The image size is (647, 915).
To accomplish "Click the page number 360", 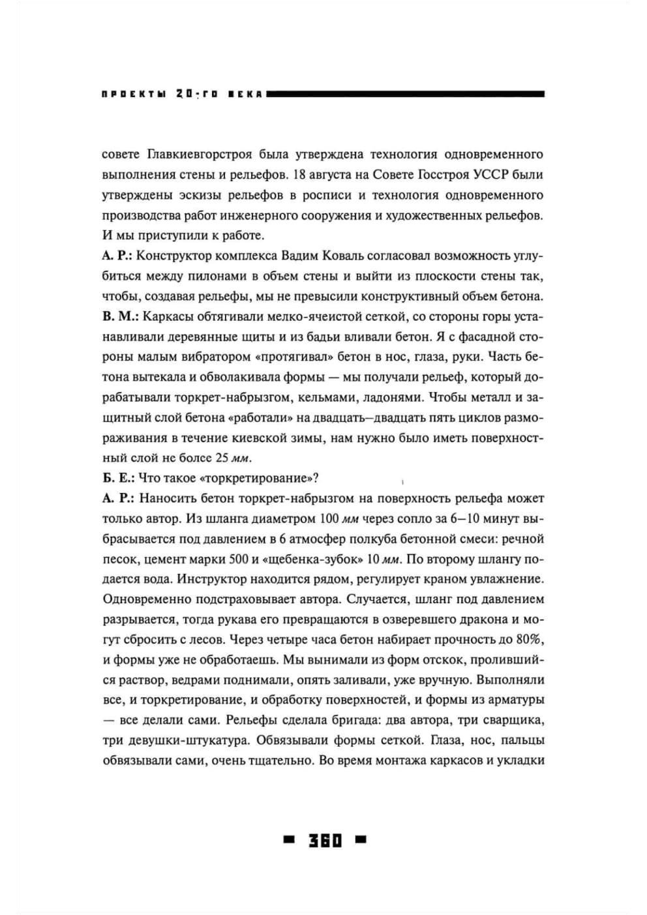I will point(325,840).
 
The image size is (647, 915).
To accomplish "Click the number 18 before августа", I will point(301,175).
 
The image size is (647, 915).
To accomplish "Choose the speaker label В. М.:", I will point(119,316).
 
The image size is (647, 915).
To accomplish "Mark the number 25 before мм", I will point(222,458).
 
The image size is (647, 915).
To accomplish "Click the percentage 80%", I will point(531,640).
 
